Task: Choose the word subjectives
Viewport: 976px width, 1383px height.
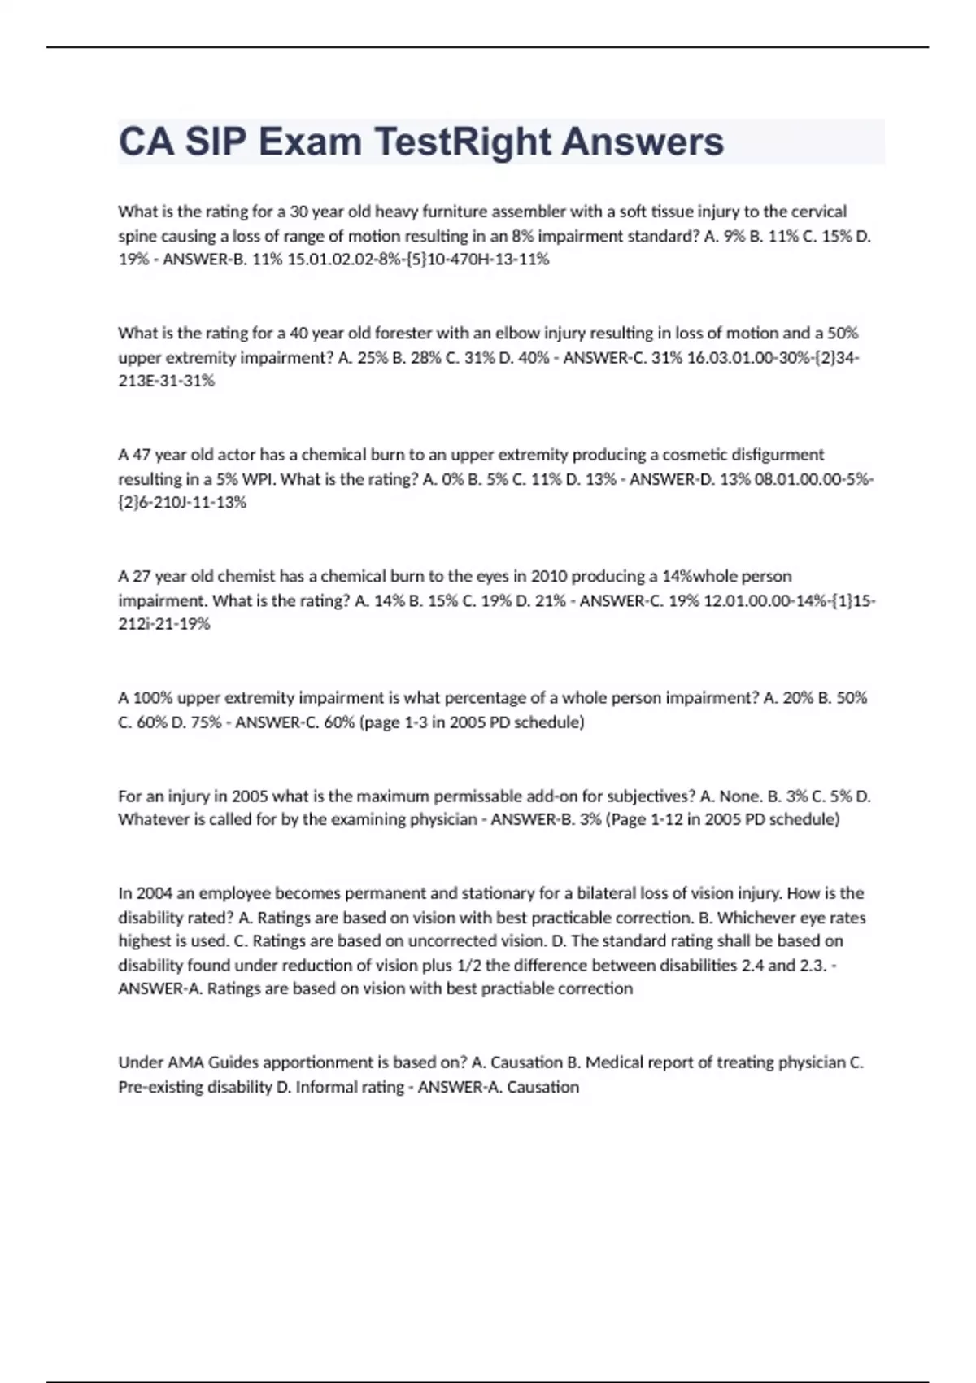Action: [648, 796]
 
